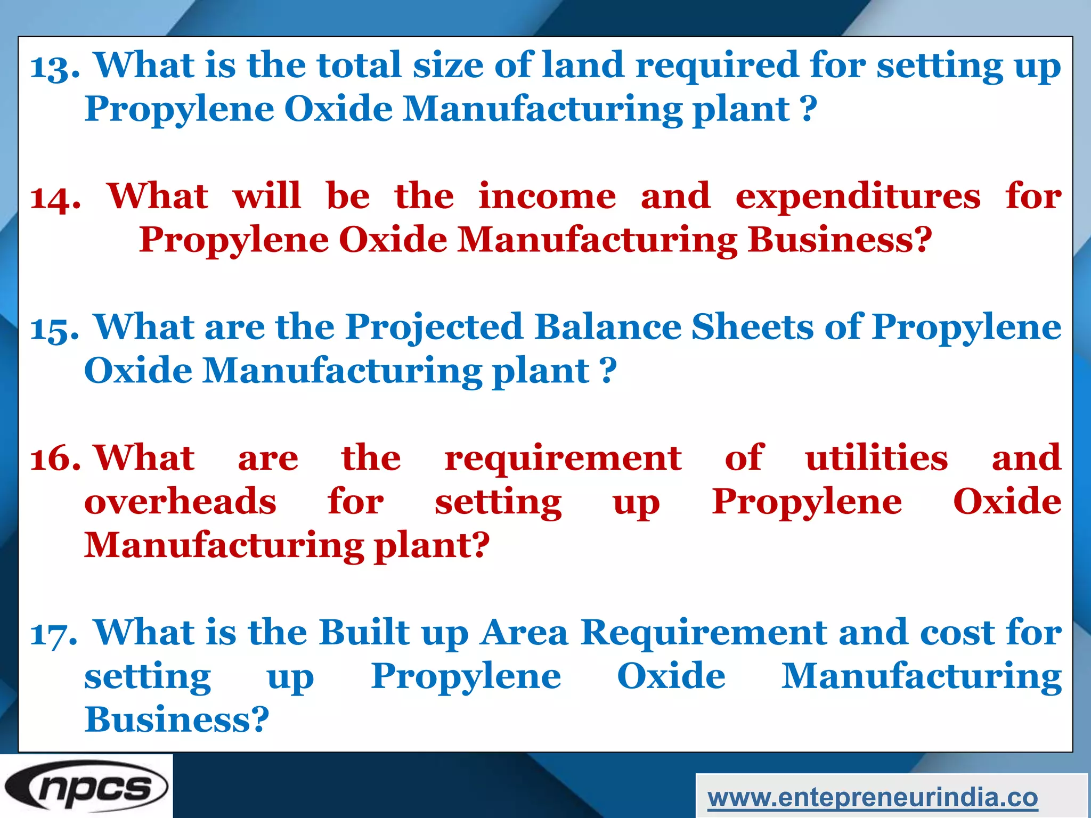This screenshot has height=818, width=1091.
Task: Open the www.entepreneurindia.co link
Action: point(873,797)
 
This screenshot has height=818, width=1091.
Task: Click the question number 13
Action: point(55,68)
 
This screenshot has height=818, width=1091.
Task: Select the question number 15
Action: point(54,329)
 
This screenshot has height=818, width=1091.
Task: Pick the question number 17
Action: point(54,634)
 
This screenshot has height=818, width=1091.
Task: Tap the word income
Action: point(547,196)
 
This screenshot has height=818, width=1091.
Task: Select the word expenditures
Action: point(858,197)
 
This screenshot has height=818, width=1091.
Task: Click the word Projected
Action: point(434,328)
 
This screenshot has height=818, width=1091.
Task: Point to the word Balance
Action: point(608,326)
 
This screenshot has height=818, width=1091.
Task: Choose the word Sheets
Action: point(752,326)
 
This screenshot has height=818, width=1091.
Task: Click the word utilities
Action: point(876,457)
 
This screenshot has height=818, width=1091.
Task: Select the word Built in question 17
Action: point(364,632)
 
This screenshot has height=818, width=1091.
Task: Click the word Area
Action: point(524,633)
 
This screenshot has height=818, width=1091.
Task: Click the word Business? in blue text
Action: point(177,719)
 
